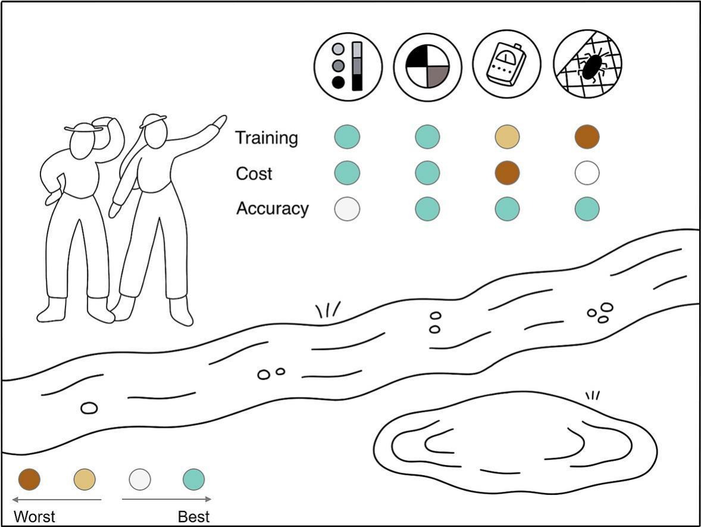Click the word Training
point(267,137)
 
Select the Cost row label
point(254,174)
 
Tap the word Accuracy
point(273,208)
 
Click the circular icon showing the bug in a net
point(587,64)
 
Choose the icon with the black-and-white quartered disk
point(427,67)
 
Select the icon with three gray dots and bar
point(348,66)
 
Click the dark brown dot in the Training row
point(587,137)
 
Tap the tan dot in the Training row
point(507,137)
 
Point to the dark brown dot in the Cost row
point(507,173)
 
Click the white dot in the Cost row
point(587,173)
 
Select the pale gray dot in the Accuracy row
point(347,209)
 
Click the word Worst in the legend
point(35,517)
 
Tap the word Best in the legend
point(193,517)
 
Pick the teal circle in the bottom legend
point(193,479)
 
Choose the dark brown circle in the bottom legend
point(29,479)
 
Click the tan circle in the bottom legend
point(85,479)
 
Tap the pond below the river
point(515,443)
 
